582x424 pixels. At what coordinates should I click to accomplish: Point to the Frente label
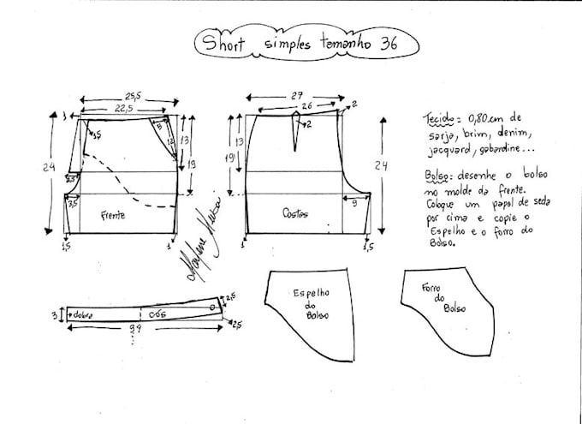pyautogui.click(x=112, y=215)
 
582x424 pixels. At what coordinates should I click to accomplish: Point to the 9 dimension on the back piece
pyautogui.click(x=353, y=202)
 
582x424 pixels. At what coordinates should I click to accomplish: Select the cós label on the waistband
pyautogui.click(x=157, y=313)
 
